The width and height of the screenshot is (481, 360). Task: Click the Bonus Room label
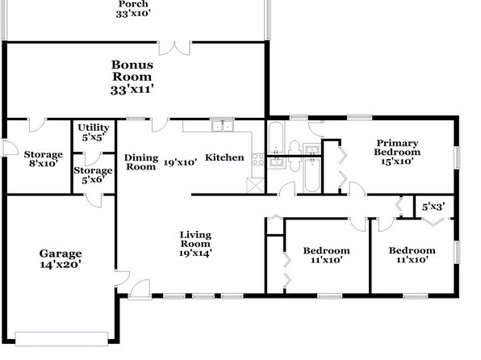pyautogui.click(x=132, y=77)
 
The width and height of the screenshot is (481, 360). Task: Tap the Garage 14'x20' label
pyautogui.click(x=61, y=259)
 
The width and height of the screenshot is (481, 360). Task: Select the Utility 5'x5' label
pyautogui.click(x=94, y=132)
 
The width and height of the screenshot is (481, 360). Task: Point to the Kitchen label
pyautogui.click(x=224, y=157)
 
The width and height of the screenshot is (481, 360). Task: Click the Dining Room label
pyautogui.click(x=141, y=162)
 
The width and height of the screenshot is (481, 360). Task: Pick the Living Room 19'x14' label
pyautogui.click(x=195, y=244)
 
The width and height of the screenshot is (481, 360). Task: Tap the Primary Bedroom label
pyautogui.click(x=397, y=152)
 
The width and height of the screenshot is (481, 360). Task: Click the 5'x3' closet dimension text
pyautogui.click(x=433, y=207)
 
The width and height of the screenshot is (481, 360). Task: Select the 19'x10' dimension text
pyautogui.click(x=180, y=162)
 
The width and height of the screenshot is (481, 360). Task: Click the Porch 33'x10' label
pyautogui.click(x=133, y=9)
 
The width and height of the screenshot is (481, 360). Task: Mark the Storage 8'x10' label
pyautogui.click(x=44, y=159)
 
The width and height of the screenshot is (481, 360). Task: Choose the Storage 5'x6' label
pyautogui.click(x=93, y=175)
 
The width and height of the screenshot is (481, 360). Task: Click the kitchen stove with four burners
pyautogui.click(x=258, y=159)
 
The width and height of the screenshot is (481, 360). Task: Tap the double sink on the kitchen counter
pyautogui.click(x=223, y=126)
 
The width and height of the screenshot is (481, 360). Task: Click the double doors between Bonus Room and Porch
pyautogui.click(x=175, y=48)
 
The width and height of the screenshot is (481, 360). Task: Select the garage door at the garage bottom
pyautogui.click(x=61, y=339)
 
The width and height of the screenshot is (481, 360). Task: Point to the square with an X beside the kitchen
pyautogui.click(x=255, y=186)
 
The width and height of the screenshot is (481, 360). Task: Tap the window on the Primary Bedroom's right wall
pyautogui.click(x=457, y=157)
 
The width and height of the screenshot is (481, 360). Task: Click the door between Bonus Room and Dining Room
pyautogui.click(x=160, y=124)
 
